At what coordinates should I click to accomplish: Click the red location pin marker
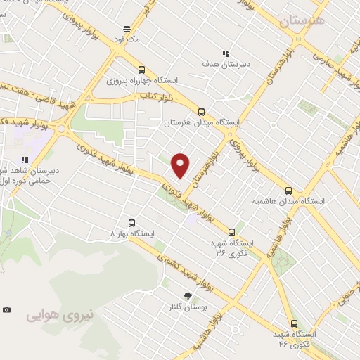click(x=180, y=164)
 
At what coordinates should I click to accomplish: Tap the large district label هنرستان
click(x=303, y=21)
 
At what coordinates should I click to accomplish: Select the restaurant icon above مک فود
click(x=127, y=29)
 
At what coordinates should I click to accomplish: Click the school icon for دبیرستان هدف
click(x=225, y=53)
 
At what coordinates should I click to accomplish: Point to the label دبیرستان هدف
click(x=225, y=65)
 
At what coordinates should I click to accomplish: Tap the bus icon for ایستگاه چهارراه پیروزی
click(x=142, y=70)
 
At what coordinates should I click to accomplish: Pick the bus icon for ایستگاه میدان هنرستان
click(x=202, y=111)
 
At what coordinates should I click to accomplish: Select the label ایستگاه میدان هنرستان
click(x=202, y=122)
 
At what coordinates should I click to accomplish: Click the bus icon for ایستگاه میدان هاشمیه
click(x=288, y=190)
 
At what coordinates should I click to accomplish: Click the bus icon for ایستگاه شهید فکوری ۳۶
click(x=232, y=231)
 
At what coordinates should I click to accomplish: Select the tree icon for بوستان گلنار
click(x=187, y=296)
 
